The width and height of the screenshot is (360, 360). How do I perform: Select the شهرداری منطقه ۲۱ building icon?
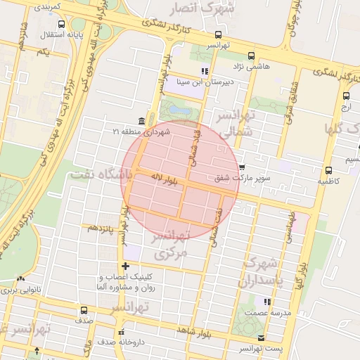pyautogui.click(x=143, y=120)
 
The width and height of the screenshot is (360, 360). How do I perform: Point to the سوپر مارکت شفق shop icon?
pyautogui.click(x=243, y=168)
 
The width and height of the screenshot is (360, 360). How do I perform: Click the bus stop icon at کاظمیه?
pyautogui.click(x=328, y=169)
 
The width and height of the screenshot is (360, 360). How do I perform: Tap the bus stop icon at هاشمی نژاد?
pyautogui.click(x=251, y=56)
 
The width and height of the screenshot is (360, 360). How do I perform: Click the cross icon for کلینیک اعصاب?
pyautogui.click(x=126, y=266)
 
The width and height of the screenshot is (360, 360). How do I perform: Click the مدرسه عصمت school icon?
pyautogui.click(x=247, y=311)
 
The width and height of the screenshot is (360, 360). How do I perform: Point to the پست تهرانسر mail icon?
pyautogui.click(x=262, y=338)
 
